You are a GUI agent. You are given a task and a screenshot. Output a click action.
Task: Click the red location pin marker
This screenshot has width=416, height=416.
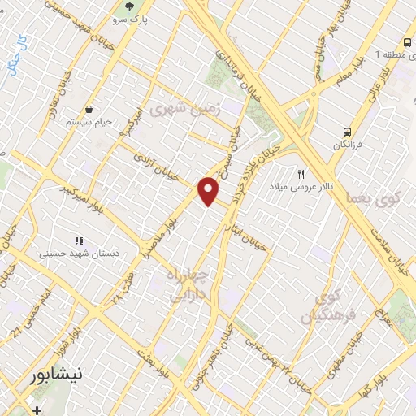pos(209,191)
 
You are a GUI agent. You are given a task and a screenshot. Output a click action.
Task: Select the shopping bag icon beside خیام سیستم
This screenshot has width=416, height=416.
pos(89,109)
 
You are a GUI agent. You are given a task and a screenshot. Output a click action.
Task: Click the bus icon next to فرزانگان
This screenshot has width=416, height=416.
pos(347,130)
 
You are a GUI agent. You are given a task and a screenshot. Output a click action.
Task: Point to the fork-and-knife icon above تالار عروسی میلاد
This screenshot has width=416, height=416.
pos(301,174)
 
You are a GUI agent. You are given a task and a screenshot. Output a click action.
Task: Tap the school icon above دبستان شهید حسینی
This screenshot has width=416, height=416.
pos(79,240)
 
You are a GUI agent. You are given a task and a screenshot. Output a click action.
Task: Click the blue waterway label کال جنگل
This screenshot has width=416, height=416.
pos(18,53)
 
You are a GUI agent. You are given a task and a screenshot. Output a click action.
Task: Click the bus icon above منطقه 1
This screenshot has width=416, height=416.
pos(405,42)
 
